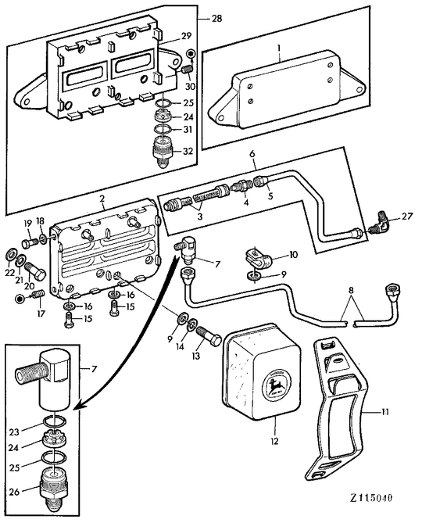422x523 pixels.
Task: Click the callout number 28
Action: pos(216,17)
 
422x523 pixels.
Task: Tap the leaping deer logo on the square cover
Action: pos(275,385)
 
